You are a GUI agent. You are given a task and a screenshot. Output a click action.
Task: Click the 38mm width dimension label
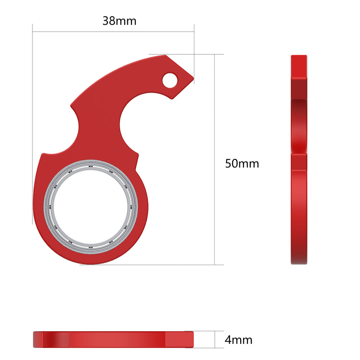click(119, 21)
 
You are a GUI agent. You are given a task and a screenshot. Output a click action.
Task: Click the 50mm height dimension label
click(242, 164)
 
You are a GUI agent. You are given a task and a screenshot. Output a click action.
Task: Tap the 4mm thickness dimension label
click(238, 340)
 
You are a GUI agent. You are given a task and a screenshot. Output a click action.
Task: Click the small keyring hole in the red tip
click(170, 81)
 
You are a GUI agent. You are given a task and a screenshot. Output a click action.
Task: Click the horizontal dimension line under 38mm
click(112, 31)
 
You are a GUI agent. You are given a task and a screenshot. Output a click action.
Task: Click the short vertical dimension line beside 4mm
click(215, 339)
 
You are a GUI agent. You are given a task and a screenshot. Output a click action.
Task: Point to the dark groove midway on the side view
click(299, 151)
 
